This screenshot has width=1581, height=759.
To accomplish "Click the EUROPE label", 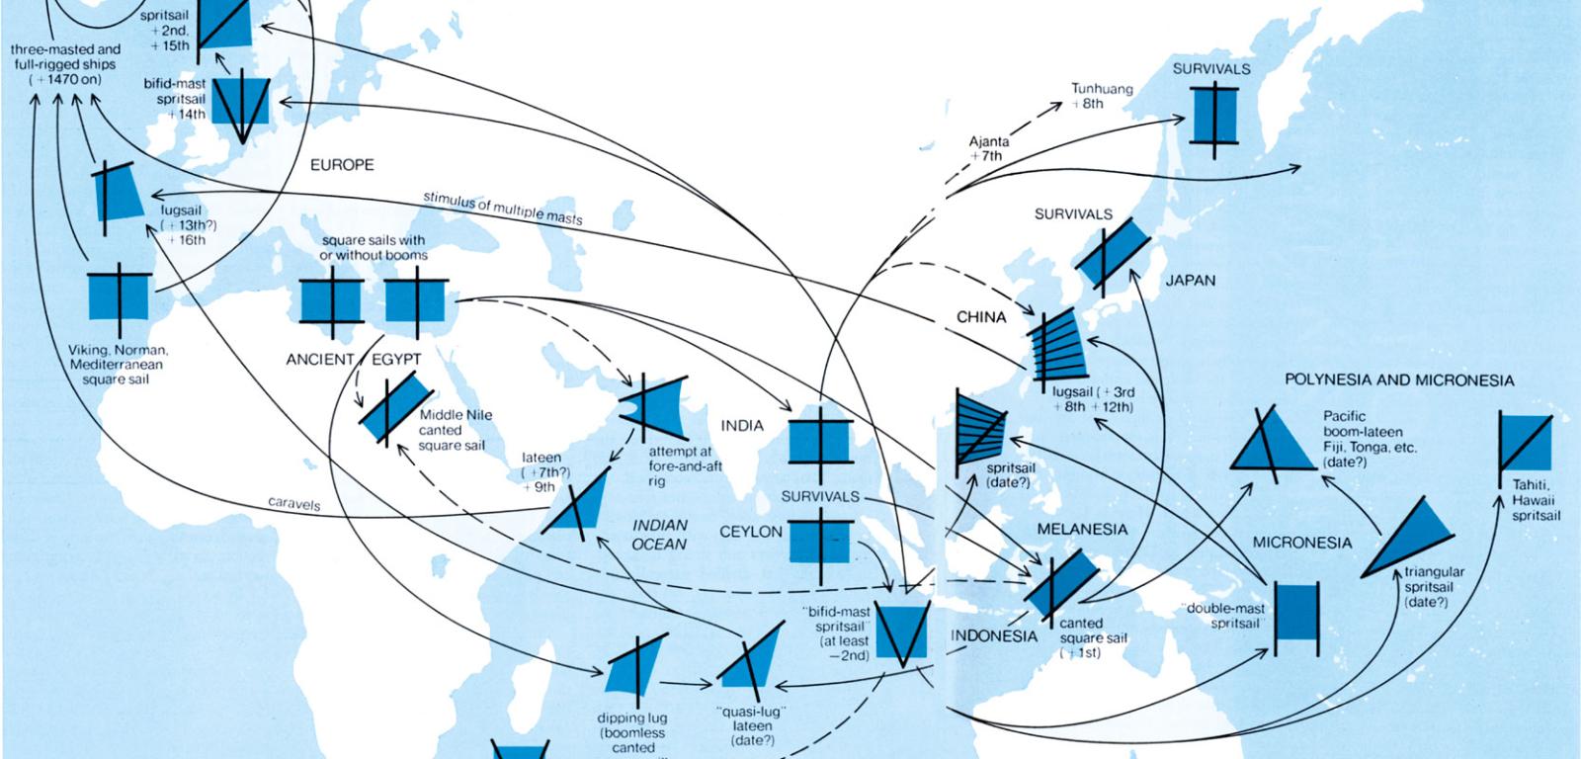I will coord(342,165).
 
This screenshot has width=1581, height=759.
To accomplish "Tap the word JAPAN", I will coord(1190,281).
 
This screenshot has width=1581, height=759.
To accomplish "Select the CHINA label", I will coord(981,317).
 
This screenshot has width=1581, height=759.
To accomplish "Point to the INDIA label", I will coord(742,426).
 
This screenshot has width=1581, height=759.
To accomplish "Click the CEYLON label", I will coord(751,532).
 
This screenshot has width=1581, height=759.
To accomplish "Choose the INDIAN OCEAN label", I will coord(660,535).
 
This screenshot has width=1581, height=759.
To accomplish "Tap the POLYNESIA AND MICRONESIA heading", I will coord(1399,379).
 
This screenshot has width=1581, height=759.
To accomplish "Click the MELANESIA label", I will coord(1082,529).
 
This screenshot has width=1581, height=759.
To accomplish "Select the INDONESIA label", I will coord(994,635).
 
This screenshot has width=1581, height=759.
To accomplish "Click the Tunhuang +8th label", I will coord(1102,96).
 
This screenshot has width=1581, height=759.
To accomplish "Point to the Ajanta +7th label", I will coord(988,148).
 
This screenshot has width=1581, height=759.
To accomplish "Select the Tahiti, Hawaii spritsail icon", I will coord(1525,442).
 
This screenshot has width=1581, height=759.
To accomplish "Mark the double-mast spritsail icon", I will coord(1296,618).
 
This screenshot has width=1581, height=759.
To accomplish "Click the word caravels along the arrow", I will coord(294,504).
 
